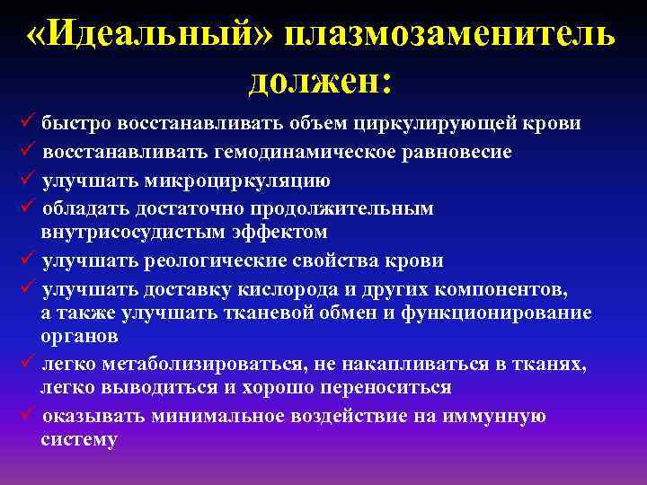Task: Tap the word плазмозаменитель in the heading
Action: coord(448,36)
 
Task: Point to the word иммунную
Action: coord(499,417)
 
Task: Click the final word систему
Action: coord(79,439)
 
